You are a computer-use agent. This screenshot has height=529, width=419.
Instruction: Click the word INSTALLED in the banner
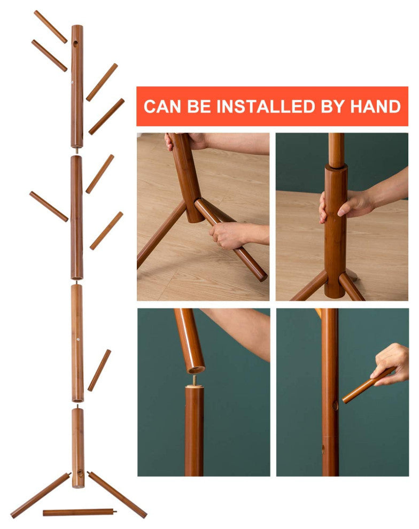[266, 106]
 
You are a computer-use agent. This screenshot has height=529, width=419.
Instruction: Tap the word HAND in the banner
[375, 106]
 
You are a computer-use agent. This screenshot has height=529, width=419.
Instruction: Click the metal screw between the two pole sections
[195, 380]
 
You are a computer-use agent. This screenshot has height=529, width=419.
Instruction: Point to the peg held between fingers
[369, 385]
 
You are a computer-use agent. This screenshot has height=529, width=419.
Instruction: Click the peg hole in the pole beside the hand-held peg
[335, 405]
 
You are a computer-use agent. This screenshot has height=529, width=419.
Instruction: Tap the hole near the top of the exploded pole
[75, 44]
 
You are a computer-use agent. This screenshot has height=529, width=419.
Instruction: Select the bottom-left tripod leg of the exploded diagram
[40, 495]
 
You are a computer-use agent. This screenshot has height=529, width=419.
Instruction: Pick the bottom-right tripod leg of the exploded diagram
[117, 495]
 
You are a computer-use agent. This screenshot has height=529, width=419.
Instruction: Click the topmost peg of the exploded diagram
[51, 27]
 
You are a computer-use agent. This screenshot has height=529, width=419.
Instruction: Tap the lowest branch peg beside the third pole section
[99, 370]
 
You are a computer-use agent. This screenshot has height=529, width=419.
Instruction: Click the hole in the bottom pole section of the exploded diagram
[80, 473]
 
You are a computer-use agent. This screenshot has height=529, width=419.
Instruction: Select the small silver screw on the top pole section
[73, 81]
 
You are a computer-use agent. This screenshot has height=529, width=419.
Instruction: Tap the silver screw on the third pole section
[78, 339]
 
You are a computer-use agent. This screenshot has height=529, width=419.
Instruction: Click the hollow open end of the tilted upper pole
[196, 370]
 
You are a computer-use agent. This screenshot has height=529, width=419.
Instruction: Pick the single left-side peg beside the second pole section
[49, 206]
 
